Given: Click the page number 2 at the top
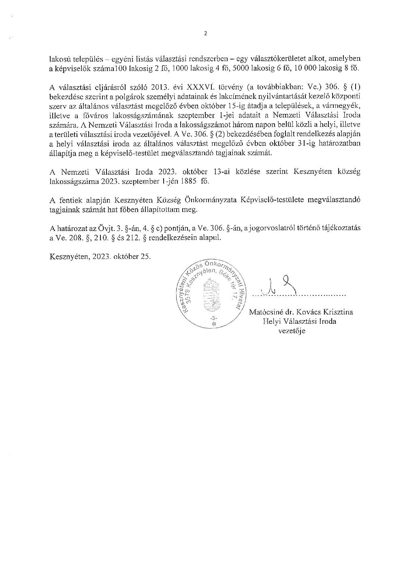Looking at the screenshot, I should click(205, 34).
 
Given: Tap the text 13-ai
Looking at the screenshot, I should click(226, 172).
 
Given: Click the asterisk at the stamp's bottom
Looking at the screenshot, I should click(214, 324).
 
